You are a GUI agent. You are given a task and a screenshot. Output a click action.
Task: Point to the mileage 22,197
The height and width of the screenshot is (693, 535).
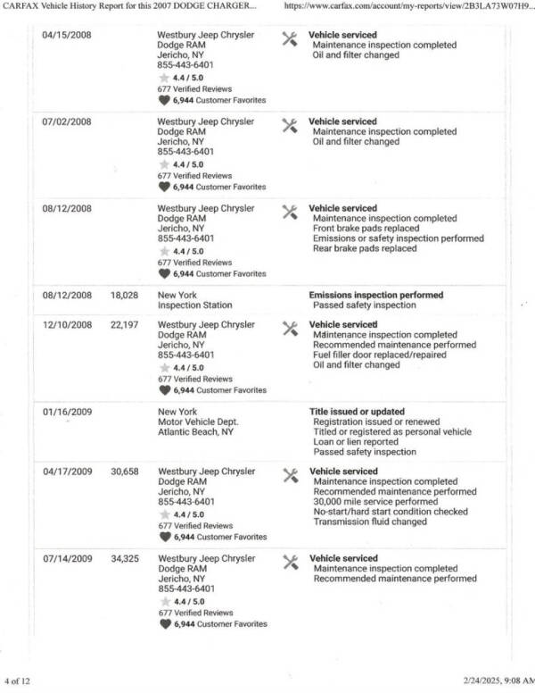point(124,325)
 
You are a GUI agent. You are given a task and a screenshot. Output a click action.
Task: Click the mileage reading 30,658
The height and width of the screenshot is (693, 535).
point(124,472)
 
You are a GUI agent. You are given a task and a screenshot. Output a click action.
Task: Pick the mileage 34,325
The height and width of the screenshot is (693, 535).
point(124,559)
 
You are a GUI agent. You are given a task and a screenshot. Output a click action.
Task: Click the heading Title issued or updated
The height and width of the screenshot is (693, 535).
point(355,413)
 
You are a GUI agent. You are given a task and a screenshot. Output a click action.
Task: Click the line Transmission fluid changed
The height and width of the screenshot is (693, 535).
point(369,522)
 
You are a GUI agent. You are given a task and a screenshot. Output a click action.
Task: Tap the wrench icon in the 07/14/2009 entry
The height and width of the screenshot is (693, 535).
point(289,562)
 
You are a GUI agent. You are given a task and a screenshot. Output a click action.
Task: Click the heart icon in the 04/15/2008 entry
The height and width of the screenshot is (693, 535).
point(164,101)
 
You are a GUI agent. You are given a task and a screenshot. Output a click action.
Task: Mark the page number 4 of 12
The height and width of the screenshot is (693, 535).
point(18,680)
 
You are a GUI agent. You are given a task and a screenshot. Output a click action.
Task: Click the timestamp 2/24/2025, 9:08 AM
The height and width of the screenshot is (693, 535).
point(494,680)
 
